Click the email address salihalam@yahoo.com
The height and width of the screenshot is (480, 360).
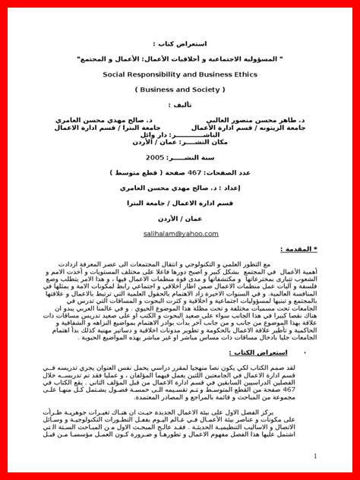(180, 234)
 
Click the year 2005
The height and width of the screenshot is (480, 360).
(176, 156)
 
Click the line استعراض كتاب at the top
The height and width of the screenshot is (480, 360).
(180, 44)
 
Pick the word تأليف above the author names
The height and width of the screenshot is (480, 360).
(179, 104)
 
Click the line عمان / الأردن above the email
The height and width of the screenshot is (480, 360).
(180, 219)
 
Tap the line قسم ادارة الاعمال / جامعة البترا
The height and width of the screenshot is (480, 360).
(180, 203)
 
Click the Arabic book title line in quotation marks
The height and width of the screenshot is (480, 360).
(180, 58)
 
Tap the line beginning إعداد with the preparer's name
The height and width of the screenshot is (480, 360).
(180, 187)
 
